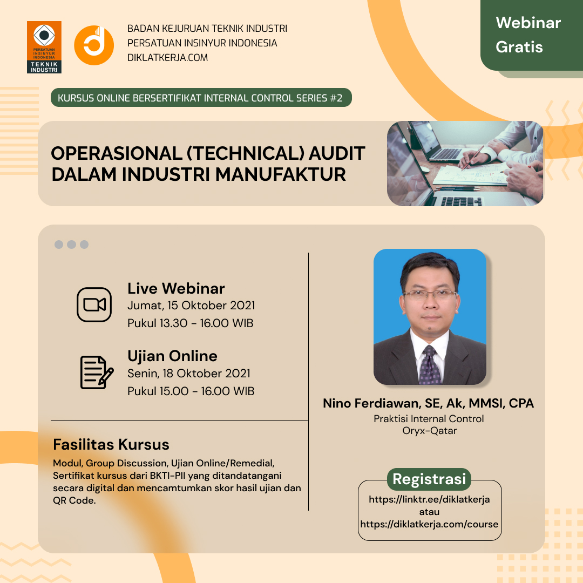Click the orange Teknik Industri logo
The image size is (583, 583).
[x=44, y=47]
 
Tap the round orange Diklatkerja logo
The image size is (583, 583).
[x=94, y=45]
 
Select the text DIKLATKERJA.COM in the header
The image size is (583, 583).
[x=167, y=58]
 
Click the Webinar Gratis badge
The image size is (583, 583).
[x=532, y=35]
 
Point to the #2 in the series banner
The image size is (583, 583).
[x=336, y=98]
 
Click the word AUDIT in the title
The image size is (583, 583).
[x=337, y=153]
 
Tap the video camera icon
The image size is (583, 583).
[x=94, y=304]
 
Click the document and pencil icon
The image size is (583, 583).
[x=97, y=372]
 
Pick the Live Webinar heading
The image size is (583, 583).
[x=176, y=288]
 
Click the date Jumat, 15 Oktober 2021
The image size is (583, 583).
[x=191, y=306]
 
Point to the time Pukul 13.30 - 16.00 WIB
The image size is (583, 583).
[x=191, y=323]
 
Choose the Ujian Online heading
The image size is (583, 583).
[x=172, y=356]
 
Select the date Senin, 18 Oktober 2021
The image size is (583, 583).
[x=189, y=374]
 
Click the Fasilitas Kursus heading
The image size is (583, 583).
[x=111, y=445]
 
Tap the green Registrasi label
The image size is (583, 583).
[x=429, y=479]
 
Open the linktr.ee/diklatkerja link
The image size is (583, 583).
[x=429, y=499]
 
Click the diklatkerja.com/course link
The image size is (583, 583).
[x=429, y=524]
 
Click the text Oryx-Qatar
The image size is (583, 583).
[x=430, y=431]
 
